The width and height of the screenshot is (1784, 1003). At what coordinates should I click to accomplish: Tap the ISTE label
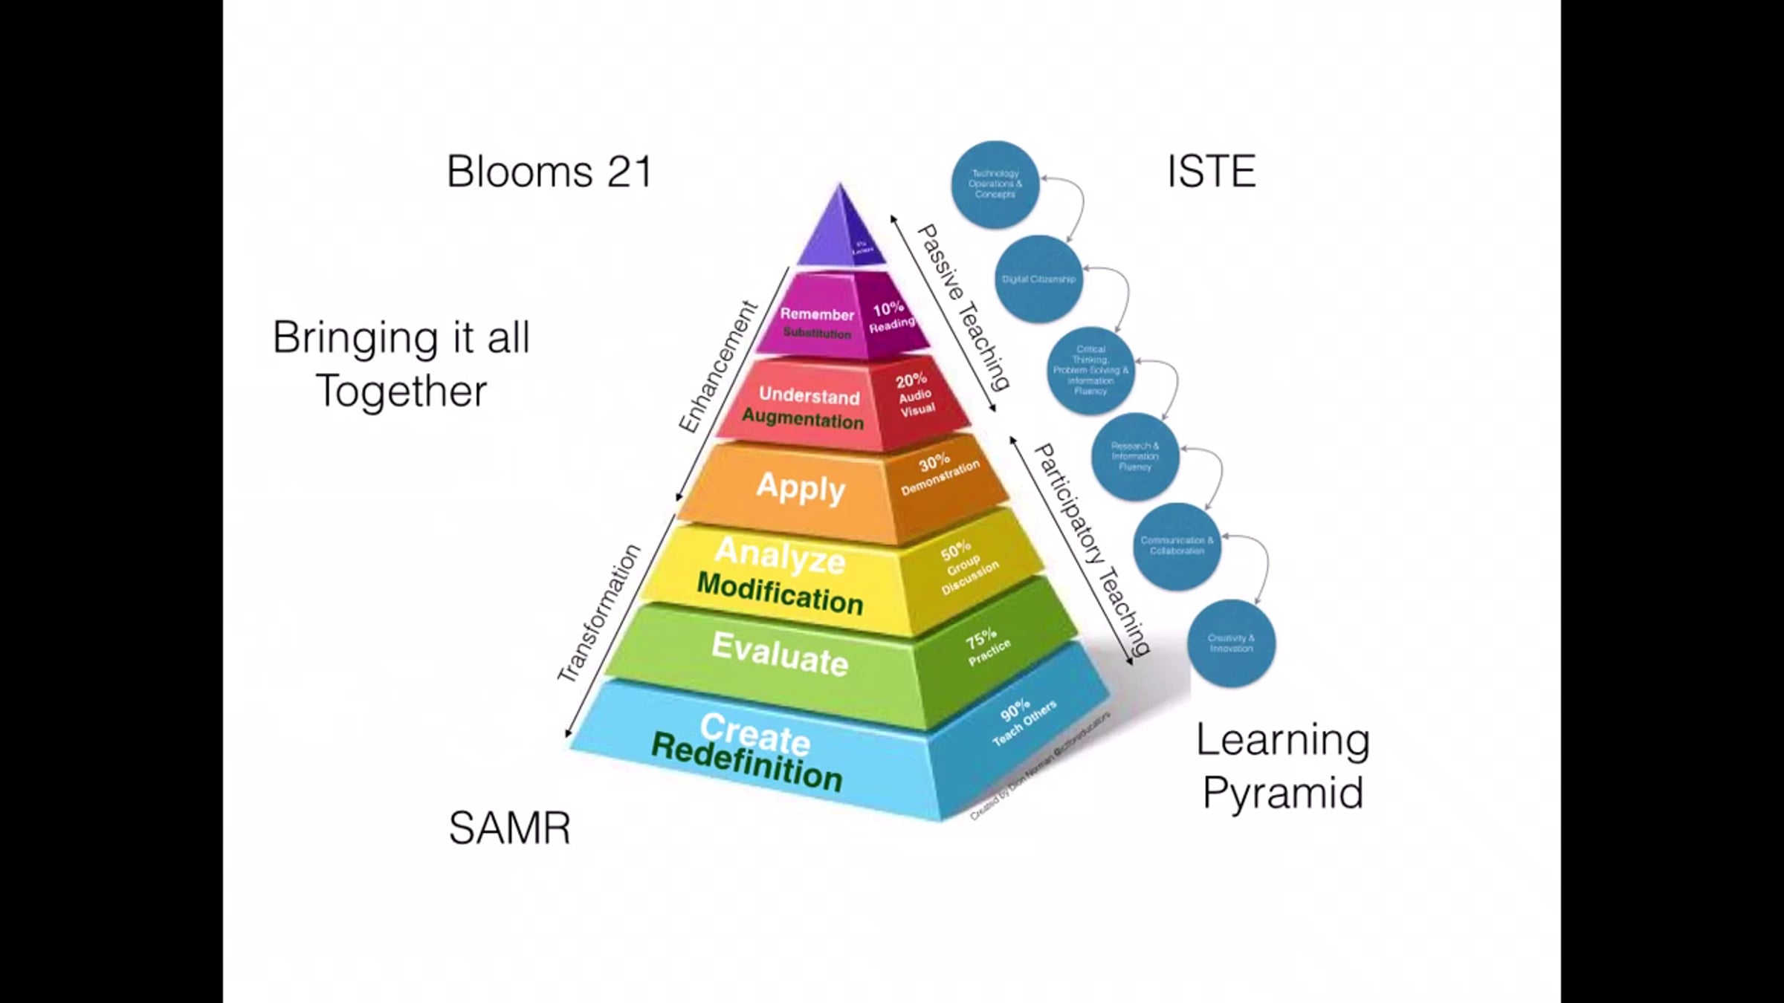coord(1211,172)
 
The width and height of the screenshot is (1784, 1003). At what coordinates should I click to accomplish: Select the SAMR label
coord(510,828)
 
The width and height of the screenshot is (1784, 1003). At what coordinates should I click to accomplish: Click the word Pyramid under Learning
coord(1283,793)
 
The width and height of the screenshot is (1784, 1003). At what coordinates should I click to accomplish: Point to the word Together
coord(401,392)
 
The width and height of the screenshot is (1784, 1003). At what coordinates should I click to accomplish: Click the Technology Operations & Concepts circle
coord(995,184)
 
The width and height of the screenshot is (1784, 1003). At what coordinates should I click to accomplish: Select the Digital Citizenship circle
coord(1038,279)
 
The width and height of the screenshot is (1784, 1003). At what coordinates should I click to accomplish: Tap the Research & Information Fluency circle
coord(1134,456)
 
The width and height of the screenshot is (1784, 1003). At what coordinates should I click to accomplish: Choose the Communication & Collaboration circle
coord(1177,545)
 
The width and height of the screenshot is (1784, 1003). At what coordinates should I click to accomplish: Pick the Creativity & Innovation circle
coord(1231,643)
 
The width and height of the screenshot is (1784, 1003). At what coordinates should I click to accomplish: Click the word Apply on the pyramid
coord(801,488)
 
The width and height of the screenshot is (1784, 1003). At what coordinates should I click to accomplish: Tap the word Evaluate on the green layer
coord(780,654)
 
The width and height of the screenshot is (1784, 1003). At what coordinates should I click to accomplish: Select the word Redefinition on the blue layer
coord(746,762)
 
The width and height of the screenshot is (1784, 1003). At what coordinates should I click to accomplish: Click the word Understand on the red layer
coord(809,396)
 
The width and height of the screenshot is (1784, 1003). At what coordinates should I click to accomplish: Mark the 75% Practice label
coord(986,646)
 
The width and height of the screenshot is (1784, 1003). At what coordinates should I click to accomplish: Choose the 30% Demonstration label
coord(938,473)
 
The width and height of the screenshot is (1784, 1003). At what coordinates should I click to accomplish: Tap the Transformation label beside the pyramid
coord(599,613)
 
